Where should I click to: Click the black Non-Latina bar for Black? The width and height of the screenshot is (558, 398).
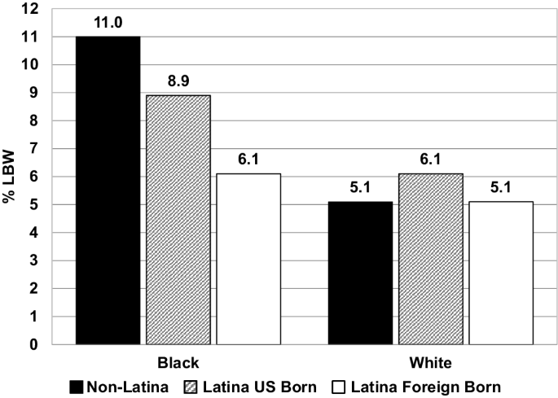(108, 190)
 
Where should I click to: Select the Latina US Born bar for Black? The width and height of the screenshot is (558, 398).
(178, 220)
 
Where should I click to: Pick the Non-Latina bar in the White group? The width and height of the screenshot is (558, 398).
(360, 273)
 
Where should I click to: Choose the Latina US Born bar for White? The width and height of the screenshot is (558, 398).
(430, 259)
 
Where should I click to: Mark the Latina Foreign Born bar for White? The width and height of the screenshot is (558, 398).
(500, 273)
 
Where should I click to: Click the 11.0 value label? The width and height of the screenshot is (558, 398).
(108, 26)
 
